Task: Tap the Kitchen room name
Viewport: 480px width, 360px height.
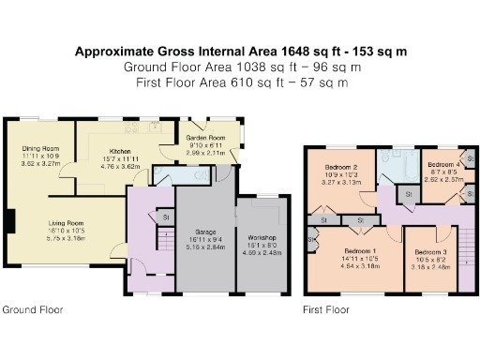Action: (119, 151)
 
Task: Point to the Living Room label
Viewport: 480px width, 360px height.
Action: (66, 222)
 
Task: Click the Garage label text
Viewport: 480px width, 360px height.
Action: (206, 231)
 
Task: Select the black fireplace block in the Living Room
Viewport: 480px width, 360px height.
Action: (10, 221)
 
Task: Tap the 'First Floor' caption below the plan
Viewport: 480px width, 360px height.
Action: (325, 308)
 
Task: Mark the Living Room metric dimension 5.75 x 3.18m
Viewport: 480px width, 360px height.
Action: (66, 238)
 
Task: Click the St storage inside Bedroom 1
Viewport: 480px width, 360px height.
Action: (359, 220)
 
